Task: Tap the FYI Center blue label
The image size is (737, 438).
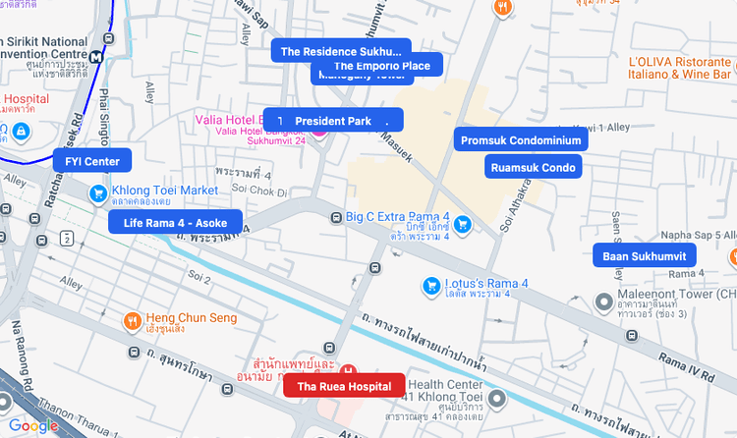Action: point(92,161)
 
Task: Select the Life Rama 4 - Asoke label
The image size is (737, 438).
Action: point(175,223)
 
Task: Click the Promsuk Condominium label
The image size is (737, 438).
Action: point(522,140)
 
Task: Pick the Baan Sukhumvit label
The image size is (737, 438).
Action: point(644,257)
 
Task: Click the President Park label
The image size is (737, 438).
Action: point(333,121)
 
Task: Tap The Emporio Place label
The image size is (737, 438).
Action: point(381,66)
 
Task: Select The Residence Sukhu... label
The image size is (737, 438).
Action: point(341,51)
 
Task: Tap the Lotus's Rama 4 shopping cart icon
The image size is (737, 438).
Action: point(429,285)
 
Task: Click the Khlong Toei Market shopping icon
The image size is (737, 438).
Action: point(98,193)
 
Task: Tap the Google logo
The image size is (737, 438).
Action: point(33,425)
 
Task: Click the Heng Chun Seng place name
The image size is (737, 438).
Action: point(191,318)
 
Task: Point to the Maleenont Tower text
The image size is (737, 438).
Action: point(677,294)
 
